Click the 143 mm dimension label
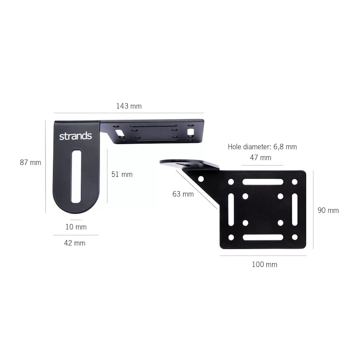(129, 106)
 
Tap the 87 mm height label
(30, 162)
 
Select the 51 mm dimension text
(122, 175)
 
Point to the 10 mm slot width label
(76, 227)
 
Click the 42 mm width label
(75, 243)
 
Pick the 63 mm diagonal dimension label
(183, 194)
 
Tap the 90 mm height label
(328, 210)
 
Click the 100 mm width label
(265, 265)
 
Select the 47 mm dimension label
(261, 158)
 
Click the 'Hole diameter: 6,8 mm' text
(262, 147)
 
